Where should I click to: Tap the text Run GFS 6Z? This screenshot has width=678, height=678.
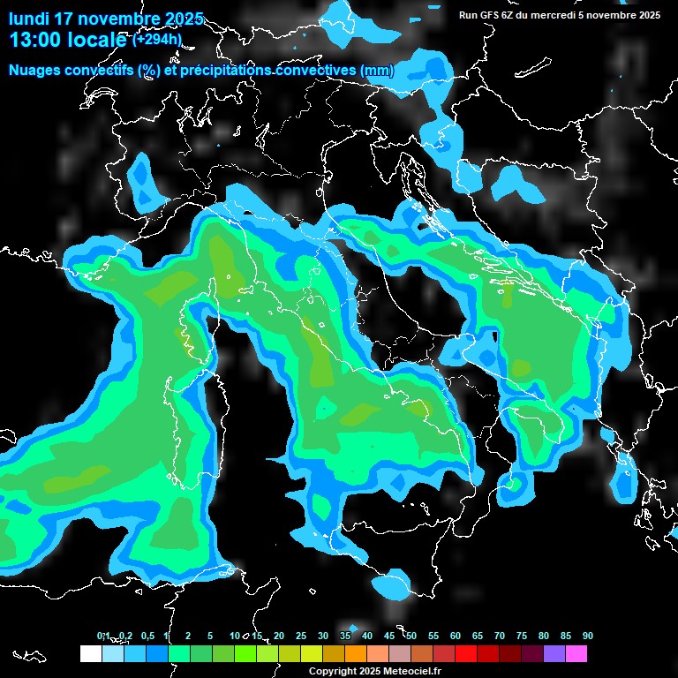(488, 15)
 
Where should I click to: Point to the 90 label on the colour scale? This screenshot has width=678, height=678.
(588, 637)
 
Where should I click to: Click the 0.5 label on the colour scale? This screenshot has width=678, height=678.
(147, 637)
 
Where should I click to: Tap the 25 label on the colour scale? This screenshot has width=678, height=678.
(301, 637)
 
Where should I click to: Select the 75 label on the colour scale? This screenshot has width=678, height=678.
(522, 637)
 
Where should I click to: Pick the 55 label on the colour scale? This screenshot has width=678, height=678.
(433, 637)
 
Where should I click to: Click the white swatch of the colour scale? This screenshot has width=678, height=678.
(90, 653)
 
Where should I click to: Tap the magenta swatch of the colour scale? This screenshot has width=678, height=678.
(576, 653)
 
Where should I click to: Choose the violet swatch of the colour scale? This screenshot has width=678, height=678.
(554, 653)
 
